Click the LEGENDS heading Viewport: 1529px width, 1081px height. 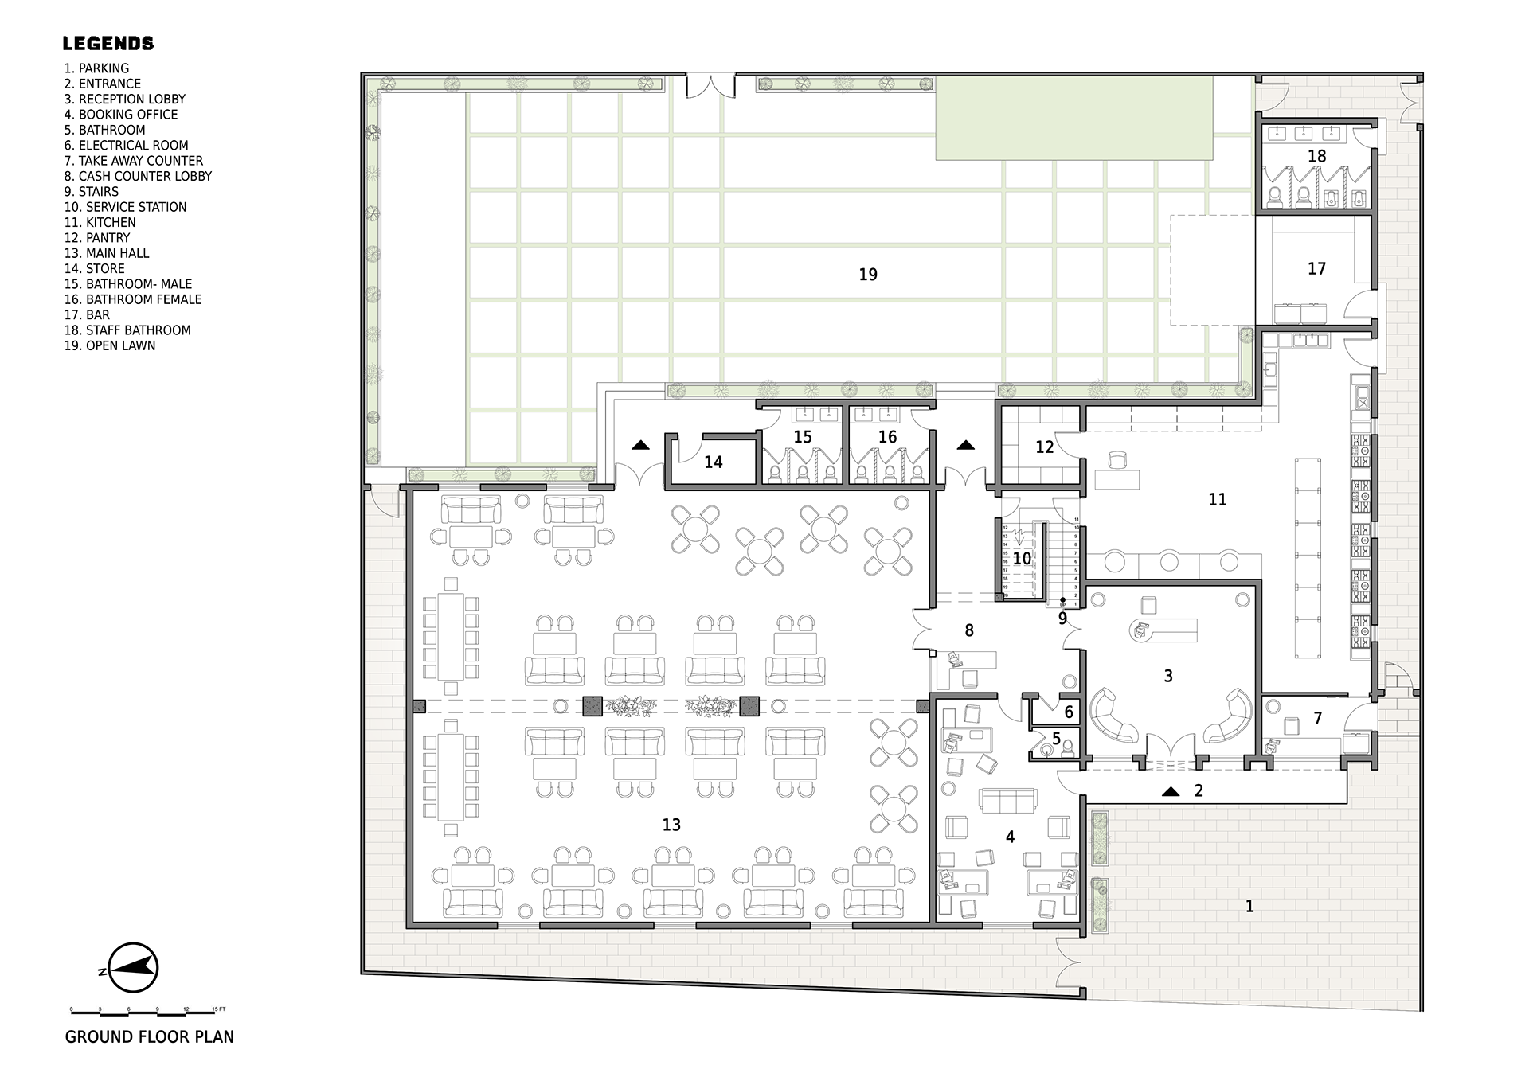(108, 44)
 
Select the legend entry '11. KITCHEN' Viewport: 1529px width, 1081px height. (100, 222)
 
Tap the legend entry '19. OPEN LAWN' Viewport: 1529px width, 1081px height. (110, 345)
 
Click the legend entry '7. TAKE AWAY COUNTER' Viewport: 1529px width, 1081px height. (133, 161)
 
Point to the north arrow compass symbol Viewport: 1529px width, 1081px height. (133, 967)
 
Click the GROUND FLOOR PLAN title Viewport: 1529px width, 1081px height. (150, 1036)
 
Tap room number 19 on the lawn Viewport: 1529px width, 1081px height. (868, 275)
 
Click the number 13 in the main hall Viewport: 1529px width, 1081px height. (671, 825)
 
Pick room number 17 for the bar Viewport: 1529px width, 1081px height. (1316, 269)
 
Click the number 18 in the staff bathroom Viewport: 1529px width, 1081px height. (1316, 156)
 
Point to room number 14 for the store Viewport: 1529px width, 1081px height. (713, 462)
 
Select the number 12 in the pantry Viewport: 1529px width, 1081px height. (1044, 447)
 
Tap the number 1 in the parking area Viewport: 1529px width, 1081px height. (1249, 906)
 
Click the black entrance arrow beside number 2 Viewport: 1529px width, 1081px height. (1170, 791)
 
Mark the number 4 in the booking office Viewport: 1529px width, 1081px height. (1010, 837)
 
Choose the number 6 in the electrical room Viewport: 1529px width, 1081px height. (1069, 712)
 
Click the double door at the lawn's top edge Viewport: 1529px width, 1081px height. (710, 86)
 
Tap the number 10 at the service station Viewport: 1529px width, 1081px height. (1022, 559)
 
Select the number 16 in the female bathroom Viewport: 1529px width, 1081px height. (887, 437)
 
